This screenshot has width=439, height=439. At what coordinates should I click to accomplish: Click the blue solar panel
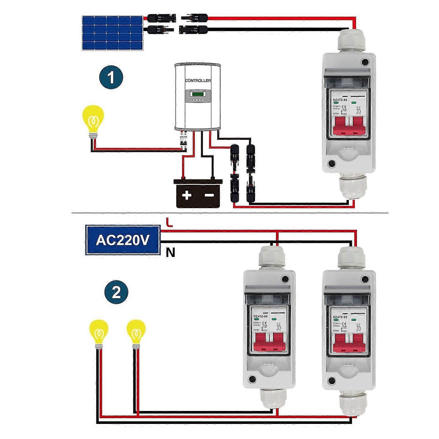113,33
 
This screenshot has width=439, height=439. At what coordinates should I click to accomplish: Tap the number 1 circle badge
111,78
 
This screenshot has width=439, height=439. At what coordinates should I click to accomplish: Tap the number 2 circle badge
116,292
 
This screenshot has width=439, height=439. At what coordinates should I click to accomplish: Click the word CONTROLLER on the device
198,80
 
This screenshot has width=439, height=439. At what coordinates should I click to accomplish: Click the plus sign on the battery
186,196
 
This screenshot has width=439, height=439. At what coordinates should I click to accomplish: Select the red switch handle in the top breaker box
349,126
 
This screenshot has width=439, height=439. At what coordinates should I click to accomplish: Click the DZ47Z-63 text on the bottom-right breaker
340,317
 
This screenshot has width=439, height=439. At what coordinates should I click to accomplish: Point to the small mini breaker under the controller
183,140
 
